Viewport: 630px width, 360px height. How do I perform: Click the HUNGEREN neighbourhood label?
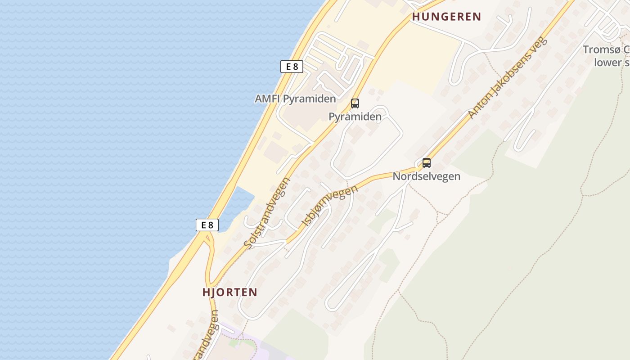coord(446,17)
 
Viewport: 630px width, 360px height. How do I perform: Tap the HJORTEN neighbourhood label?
coord(229,292)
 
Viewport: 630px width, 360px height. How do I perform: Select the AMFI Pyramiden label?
coord(295,99)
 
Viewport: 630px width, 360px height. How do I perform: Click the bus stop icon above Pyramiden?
coord(355,103)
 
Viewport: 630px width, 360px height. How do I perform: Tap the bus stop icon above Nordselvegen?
coord(426,163)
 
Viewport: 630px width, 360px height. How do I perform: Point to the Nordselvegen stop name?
coord(426,176)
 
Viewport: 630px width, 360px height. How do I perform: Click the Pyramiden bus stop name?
coord(355,117)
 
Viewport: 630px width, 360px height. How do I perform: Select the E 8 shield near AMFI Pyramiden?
coord(292,67)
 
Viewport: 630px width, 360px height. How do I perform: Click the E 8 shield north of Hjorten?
coord(207,225)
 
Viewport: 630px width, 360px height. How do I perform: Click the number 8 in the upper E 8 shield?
coord(295,67)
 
